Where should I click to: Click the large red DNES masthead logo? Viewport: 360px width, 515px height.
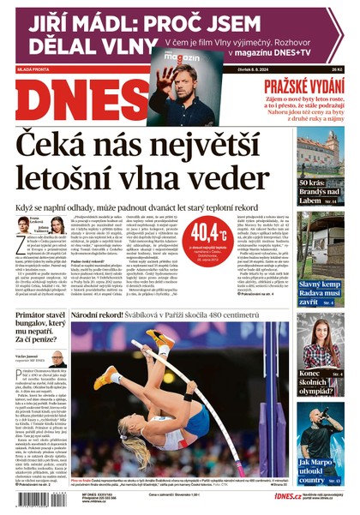[x=74, y=99]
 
